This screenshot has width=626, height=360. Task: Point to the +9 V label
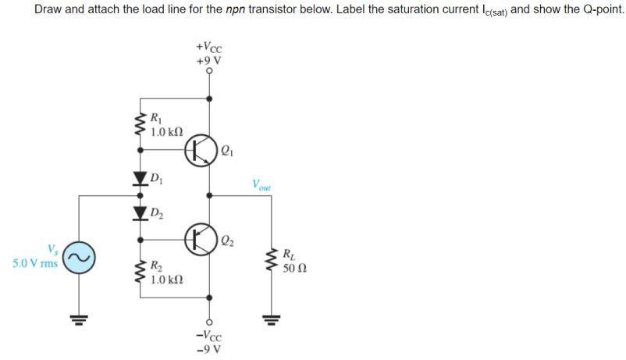208,59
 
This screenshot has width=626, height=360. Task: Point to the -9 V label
208,348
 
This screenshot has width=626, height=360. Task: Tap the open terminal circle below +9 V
208,71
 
